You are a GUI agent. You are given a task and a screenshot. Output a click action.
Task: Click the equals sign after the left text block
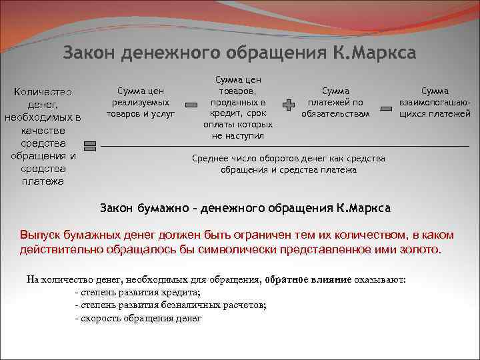click(x=91, y=146)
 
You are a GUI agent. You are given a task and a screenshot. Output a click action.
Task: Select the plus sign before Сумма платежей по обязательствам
click(x=288, y=106)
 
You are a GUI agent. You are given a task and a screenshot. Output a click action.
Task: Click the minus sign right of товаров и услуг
click(x=191, y=106)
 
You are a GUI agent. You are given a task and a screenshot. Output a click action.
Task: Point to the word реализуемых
click(x=140, y=102)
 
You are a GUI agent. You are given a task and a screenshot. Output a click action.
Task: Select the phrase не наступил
click(x=238, y=135)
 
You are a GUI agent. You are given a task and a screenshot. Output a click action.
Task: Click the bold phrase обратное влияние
click(x=308, y=279)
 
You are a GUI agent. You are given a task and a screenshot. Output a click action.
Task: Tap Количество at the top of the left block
click(x=43, y=91)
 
